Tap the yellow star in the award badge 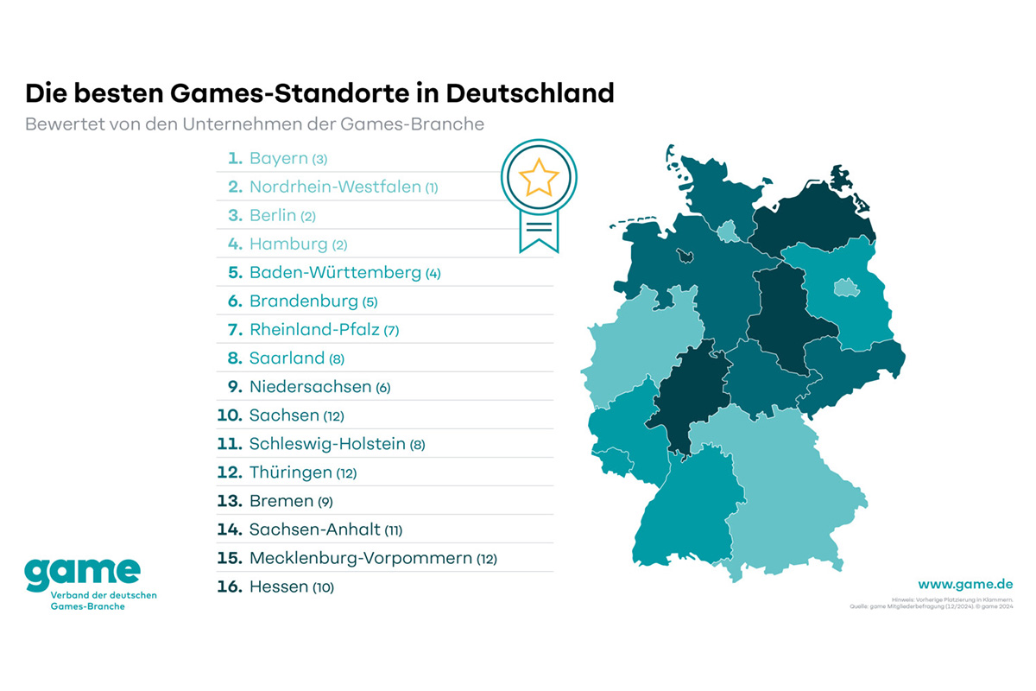539,177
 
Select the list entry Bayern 277,158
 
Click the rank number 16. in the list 229,586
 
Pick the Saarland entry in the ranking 287,358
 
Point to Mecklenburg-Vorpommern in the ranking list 361,558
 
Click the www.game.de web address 965,584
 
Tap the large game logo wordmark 82,572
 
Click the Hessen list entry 278,586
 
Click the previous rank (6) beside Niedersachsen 382,388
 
